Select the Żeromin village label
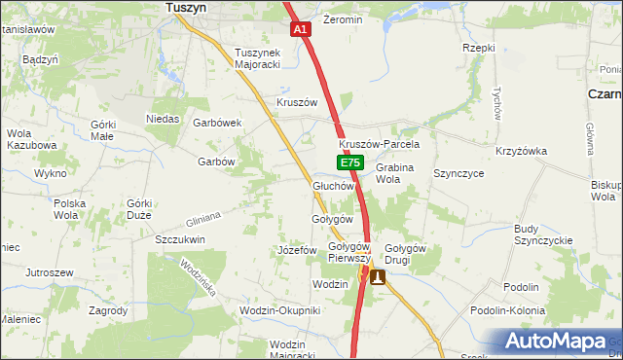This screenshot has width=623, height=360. click(342, 19)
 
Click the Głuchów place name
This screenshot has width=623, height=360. click(332, 185)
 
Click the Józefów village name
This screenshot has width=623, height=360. click(298, 250)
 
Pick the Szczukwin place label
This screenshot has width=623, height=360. click(179, 238)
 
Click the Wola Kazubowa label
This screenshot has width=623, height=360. click(31, 139)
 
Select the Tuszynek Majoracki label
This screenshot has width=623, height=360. click(257, 59)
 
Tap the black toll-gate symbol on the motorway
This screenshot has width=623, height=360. click(377, 277)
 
